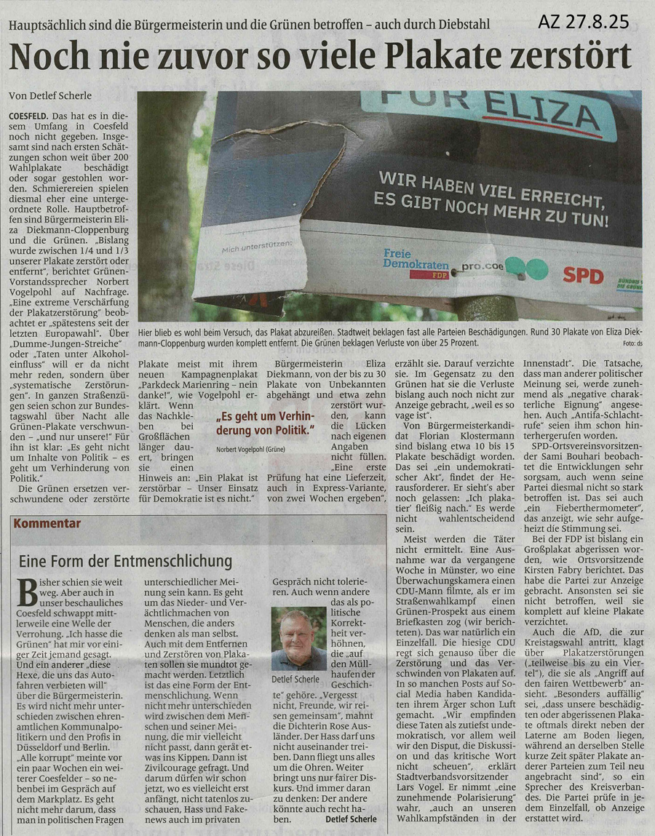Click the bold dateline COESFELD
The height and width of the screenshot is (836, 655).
click(x=29, y=116)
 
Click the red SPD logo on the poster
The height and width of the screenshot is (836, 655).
click(x=583, y=275)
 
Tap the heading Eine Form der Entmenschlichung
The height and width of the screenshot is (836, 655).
click(x=125, y=561)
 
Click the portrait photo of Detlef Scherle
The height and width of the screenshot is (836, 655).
click(x=298, y=638)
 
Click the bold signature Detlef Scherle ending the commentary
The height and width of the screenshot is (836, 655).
click(x=352, y=819)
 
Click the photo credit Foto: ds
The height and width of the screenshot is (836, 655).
click(x=630, y=343)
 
